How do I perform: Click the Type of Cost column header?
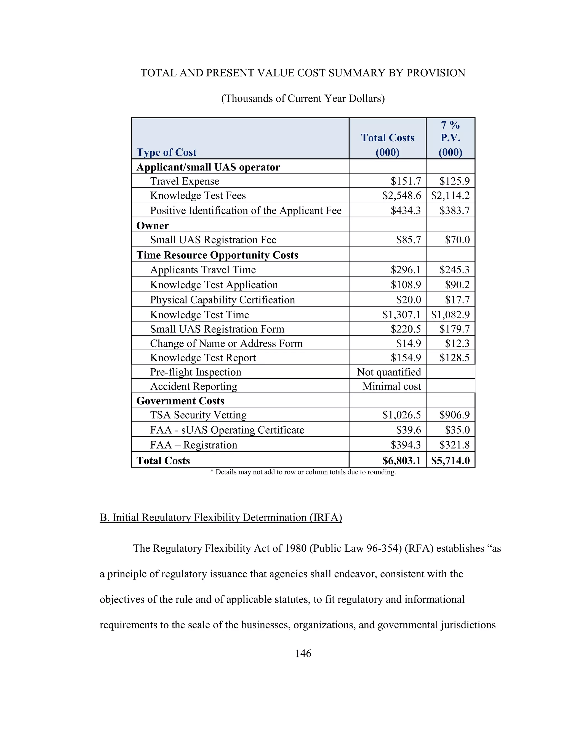click(x=166, y=152)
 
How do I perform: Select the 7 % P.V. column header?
click(x=450, y=138)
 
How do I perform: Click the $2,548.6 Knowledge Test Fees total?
click(x=402, y=196)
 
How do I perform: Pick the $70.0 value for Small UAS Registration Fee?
click(x=457, y=240)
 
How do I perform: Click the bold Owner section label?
click(x=153, y=226)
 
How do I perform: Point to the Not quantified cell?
click(x=389, y=372)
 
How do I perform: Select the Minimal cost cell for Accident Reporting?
click(x=392, y=386)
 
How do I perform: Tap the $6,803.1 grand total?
click(x=401, y=461)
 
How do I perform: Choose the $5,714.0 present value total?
click(x=450, y=461)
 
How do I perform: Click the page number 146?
click(x=303, y=653)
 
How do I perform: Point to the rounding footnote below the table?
click(x=303, y=472)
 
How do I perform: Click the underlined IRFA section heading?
click(x=221, y=517)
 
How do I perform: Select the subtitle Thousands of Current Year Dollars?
click(x=303, y=98)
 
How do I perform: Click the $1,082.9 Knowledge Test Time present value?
click(x=450, y=315)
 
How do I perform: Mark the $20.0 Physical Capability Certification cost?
click(x=409, y=300)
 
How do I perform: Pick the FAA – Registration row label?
click(x=193, y=445)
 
